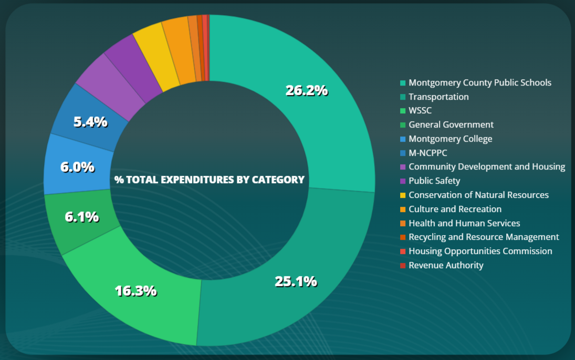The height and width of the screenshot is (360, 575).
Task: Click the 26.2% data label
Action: pyautogui.click(x=307, y=90)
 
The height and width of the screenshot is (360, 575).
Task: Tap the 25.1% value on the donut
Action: pyautogui.click(x=296, y=281)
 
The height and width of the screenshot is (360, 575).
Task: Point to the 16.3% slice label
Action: pyautogui.click(x=135, y=291)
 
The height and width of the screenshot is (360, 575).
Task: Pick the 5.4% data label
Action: pyautogui.click(x=90, y=122)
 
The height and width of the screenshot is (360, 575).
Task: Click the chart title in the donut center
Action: pyautogui.click(x=210, y=179)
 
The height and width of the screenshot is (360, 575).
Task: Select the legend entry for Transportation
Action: pyautogui.click(x=438, y=97)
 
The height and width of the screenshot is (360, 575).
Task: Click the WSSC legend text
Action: pyautogui.click(x=420, y=111)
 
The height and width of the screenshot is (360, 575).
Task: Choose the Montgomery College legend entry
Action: pyautogui.click(x=450, y=139)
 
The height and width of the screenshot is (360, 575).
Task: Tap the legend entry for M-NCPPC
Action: pyautogui.click(x=428, y=153)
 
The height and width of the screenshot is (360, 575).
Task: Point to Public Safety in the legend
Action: pyautogui.click(x=434, y=181)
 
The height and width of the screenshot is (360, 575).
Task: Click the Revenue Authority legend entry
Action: pyautogui.click(x=446, y=265)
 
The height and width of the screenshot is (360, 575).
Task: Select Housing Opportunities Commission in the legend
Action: pyautogui.click(x=480, y=251)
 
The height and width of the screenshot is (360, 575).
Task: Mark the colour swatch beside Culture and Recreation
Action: pyautogui.click(x=403, y=209)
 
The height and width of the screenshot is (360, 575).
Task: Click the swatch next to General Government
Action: pyautogui.click(x=403, y=125)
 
